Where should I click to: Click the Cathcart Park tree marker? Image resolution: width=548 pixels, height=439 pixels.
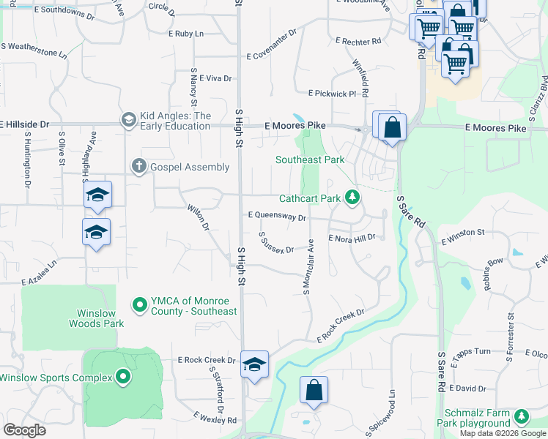coord(352,197)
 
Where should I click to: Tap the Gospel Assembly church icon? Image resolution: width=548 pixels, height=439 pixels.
coord(138,167)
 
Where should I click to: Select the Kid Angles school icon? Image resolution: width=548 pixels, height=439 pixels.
coord(127,119)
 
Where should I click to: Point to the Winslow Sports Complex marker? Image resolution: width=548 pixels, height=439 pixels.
coord(122,378)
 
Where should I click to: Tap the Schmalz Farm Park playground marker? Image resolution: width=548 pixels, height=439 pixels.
coord(521,416)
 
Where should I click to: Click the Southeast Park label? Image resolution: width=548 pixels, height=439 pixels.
coord(309,160)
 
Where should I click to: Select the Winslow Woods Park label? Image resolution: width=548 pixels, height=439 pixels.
coord(97,318)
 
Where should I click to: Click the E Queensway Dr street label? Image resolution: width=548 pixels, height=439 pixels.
coord(276,217)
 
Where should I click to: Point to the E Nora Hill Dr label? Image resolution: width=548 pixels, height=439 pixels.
coord(352,239)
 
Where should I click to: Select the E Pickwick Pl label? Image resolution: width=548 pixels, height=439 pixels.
coord(332,94)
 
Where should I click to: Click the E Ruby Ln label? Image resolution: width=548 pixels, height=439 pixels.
coord(186,34)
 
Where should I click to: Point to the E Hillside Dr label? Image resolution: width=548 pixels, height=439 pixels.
coord(25,125)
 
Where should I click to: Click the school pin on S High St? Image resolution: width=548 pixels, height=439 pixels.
coord(254,364)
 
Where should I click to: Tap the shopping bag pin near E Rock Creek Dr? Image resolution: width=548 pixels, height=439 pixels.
coord(314,390)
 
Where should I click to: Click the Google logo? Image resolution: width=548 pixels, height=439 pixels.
coord(24,430)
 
